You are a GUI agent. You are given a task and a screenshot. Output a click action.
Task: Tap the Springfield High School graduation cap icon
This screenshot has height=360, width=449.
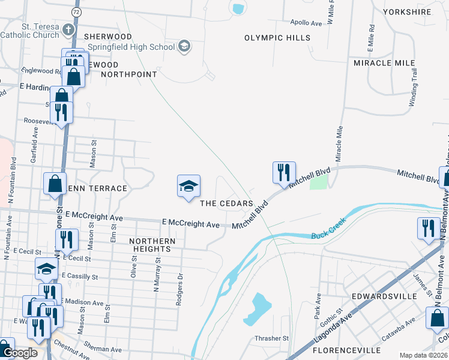coord(184,46)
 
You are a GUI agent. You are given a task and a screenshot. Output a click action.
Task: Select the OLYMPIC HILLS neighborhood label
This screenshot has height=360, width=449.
coord(277,38)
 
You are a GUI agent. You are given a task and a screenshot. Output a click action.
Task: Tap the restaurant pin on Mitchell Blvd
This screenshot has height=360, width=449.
coord(283,172)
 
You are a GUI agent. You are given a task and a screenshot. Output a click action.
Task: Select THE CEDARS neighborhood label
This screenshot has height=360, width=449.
coord(226,204)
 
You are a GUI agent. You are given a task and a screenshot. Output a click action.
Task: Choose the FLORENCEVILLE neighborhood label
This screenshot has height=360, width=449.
coord(347,350)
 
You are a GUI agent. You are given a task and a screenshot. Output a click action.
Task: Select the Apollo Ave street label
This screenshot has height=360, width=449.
coord(306,23)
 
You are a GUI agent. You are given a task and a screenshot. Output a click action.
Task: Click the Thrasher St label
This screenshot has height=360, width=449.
coord(272,338)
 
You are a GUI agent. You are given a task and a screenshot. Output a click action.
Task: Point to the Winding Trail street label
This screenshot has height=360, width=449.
coord(414,88)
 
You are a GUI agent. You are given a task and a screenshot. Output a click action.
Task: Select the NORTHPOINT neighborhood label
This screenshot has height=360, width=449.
coord(129,74)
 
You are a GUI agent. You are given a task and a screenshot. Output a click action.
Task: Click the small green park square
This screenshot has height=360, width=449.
coord(320,181)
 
